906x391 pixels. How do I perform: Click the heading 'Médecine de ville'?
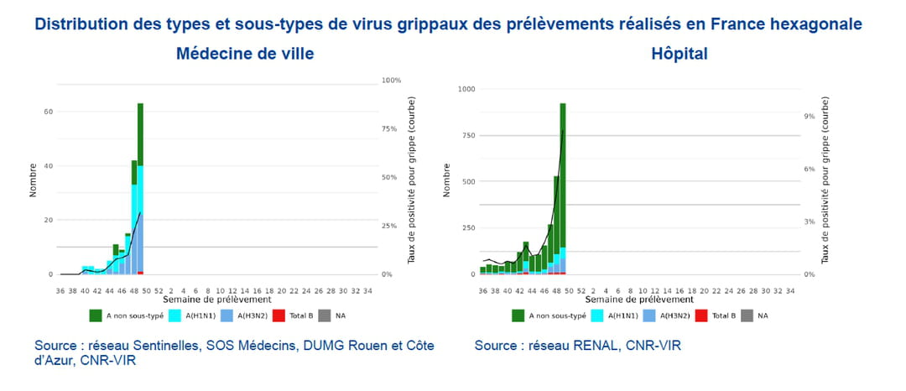tap(245, 55)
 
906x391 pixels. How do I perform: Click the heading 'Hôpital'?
tap(679, 55)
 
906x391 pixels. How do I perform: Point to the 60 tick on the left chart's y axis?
tap(49, 112)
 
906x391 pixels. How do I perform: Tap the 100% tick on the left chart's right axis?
tap(392, 81)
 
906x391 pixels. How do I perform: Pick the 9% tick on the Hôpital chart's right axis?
tap(808, 117)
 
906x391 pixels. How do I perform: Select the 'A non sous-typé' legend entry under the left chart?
tap(128, 315)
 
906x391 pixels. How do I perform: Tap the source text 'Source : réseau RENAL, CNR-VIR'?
tap(577, 346)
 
